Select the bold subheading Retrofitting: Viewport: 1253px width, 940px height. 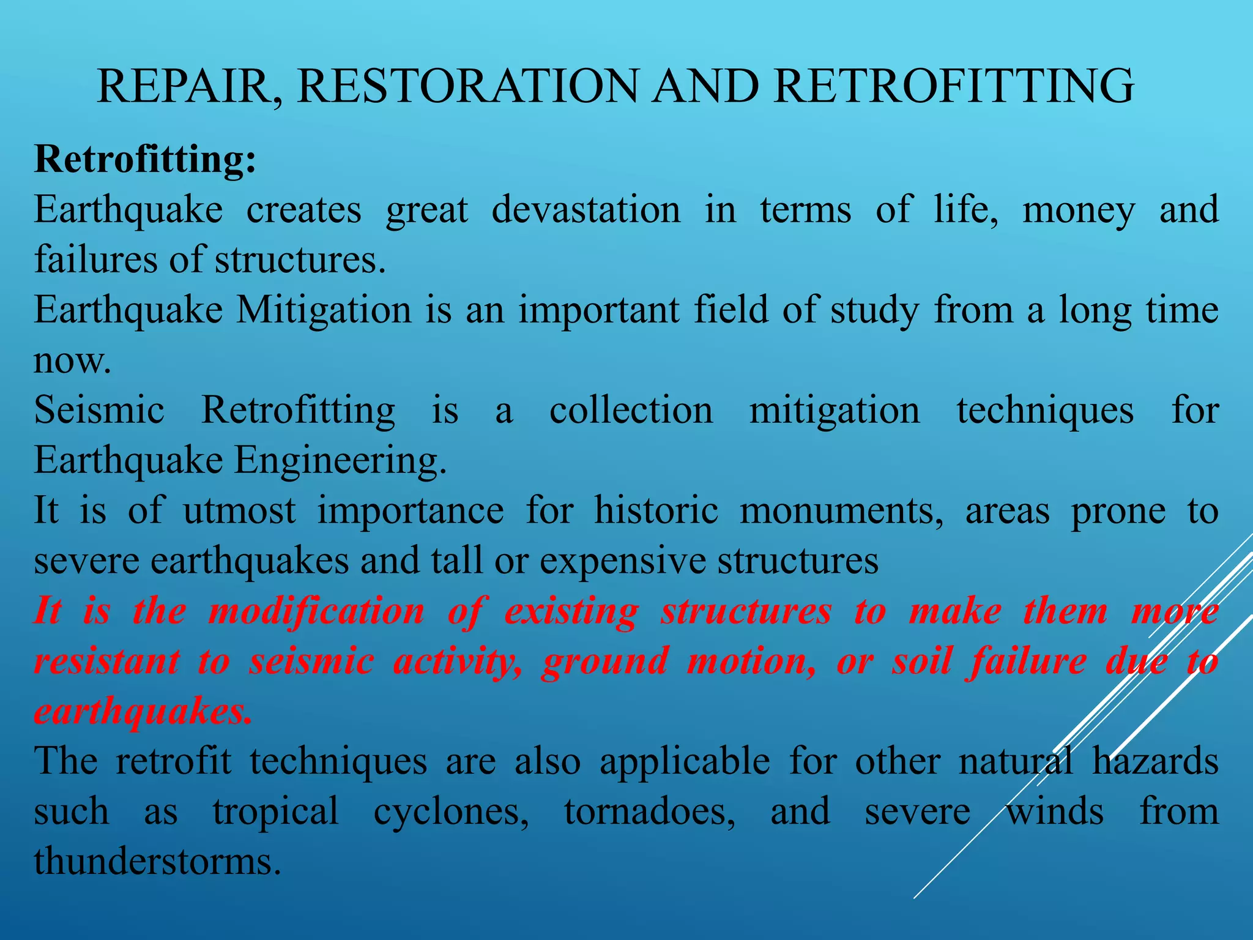145,160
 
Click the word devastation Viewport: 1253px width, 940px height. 586,210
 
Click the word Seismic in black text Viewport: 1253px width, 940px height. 99,410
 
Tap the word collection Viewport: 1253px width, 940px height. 631,410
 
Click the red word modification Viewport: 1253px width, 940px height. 316,611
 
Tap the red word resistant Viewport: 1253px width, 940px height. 107,662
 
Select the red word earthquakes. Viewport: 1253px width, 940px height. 142,712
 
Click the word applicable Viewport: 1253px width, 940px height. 685,763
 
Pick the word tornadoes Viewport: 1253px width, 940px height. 650,812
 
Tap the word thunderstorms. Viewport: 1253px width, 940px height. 157,862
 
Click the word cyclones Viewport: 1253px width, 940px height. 452,813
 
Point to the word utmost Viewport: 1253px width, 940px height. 239,511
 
